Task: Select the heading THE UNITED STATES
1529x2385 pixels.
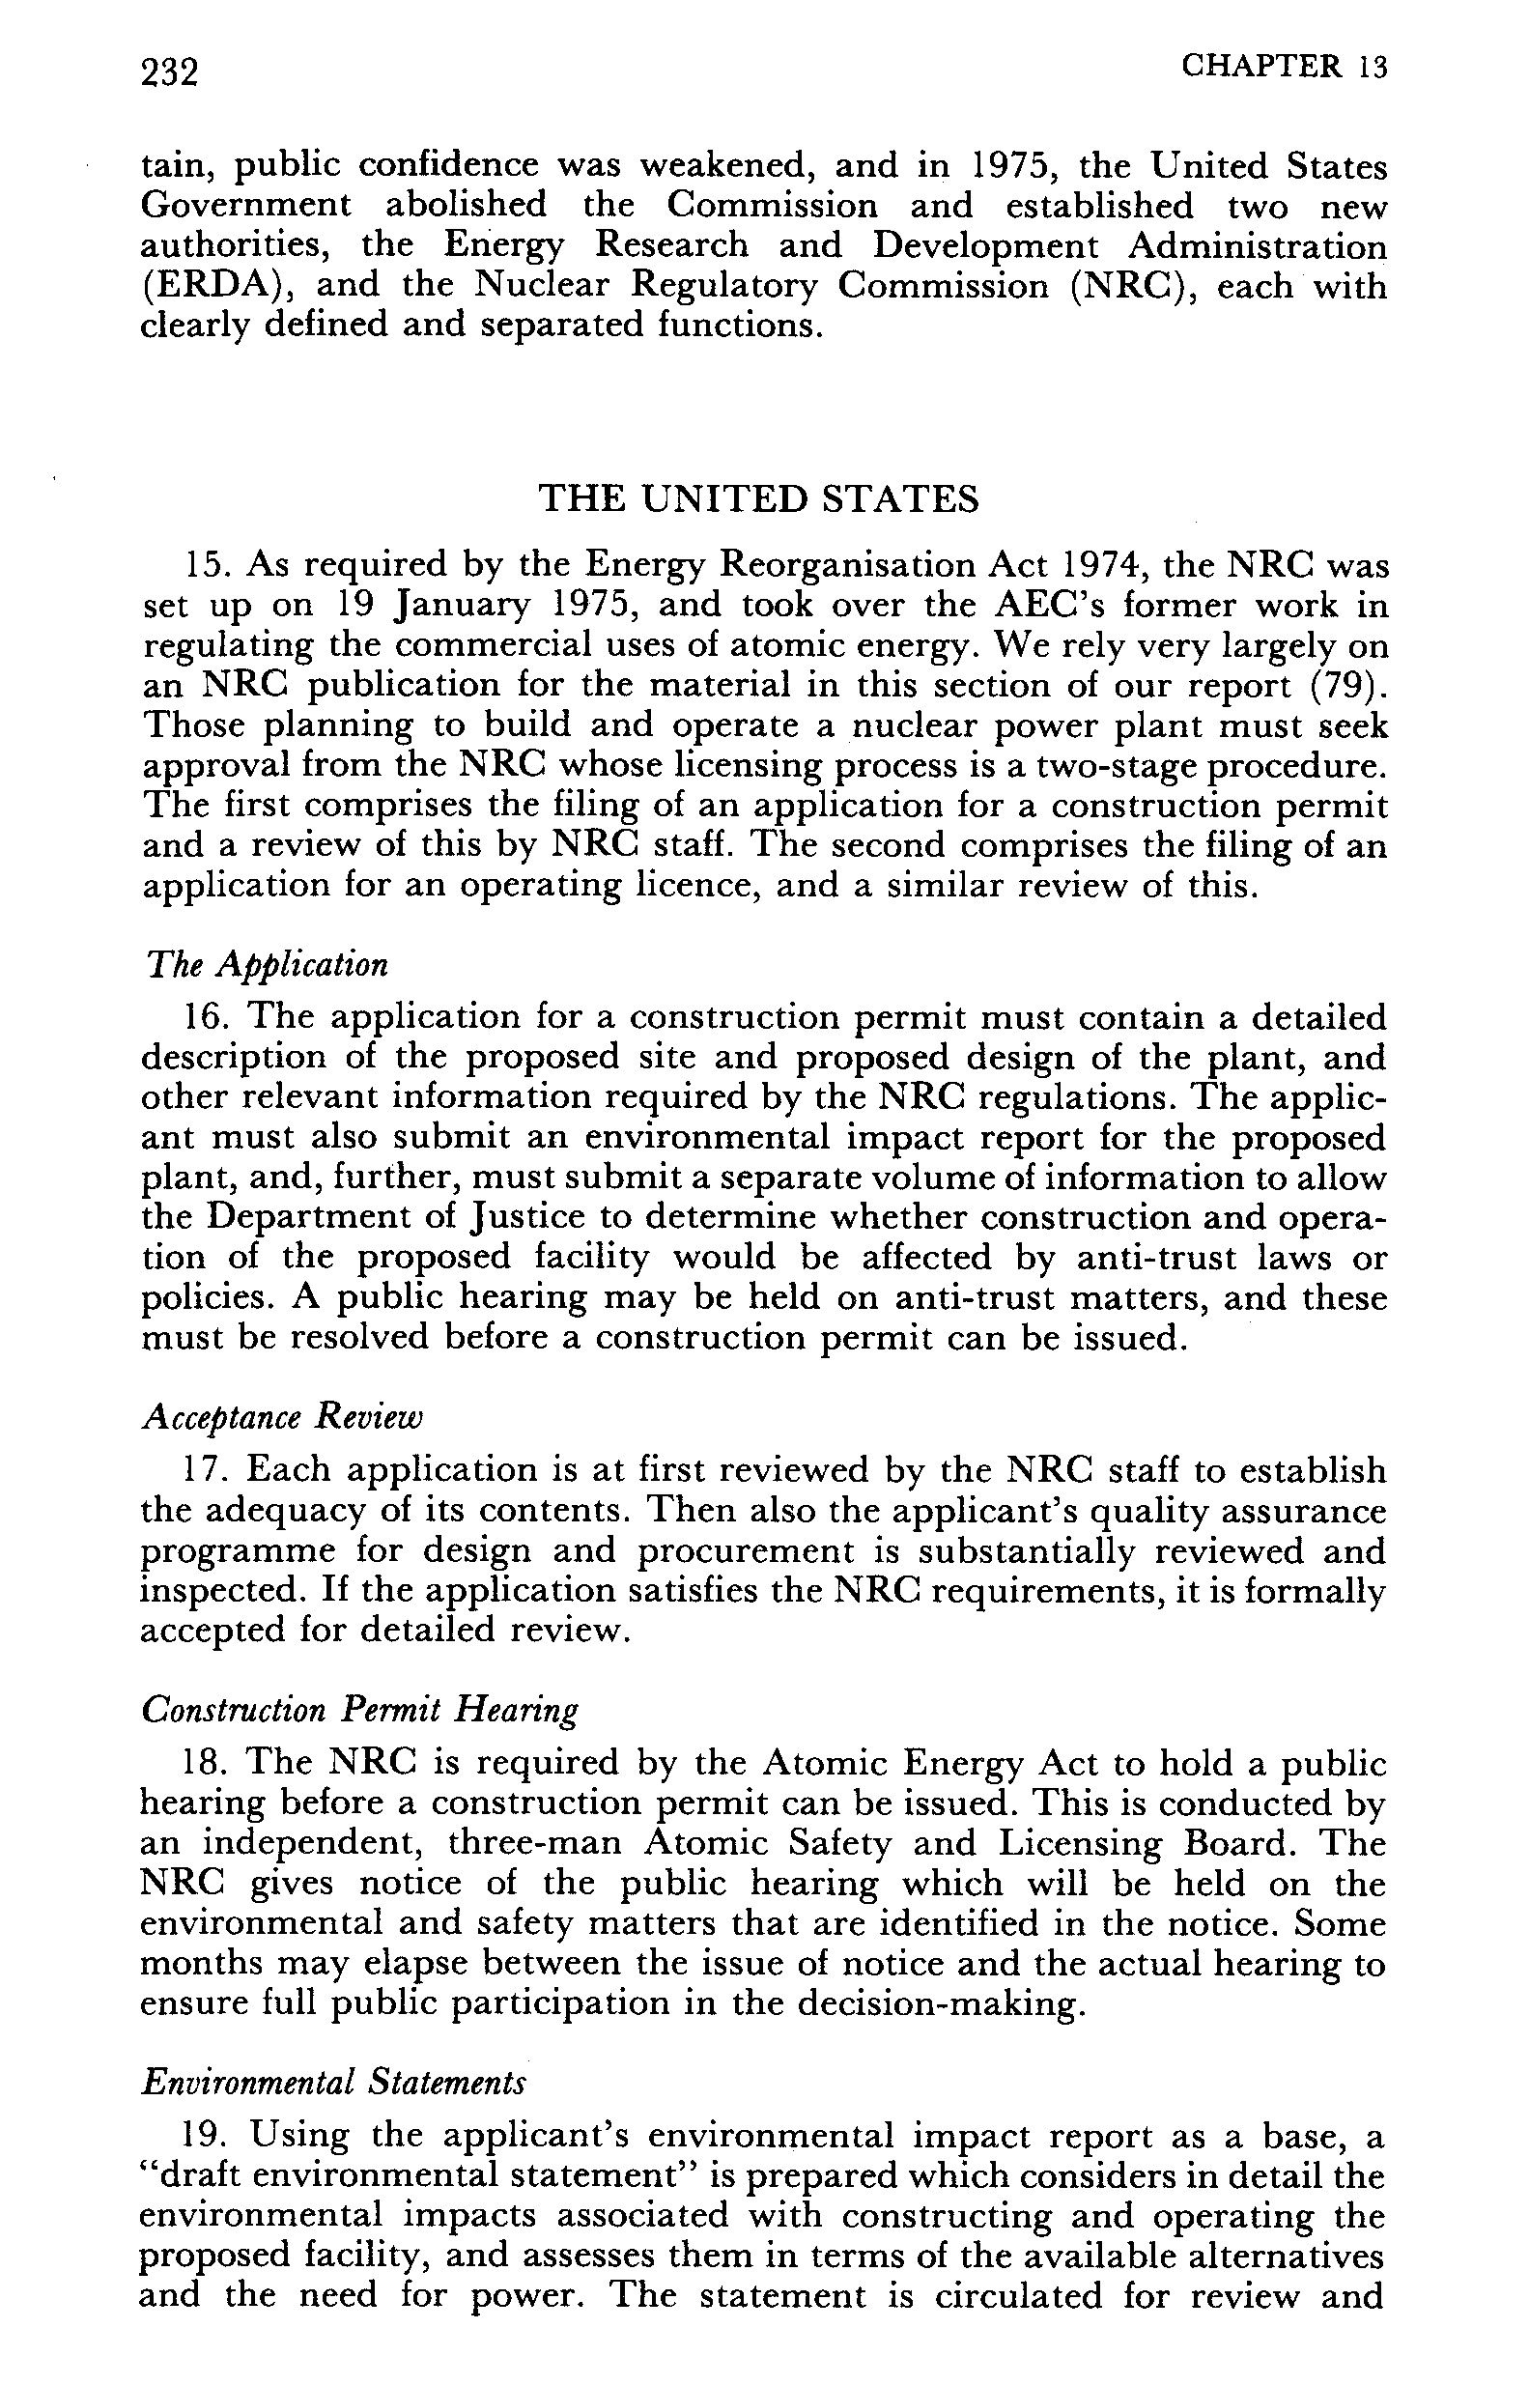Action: tap(757, 498)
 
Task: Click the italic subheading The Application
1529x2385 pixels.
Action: tap(265, 964)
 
